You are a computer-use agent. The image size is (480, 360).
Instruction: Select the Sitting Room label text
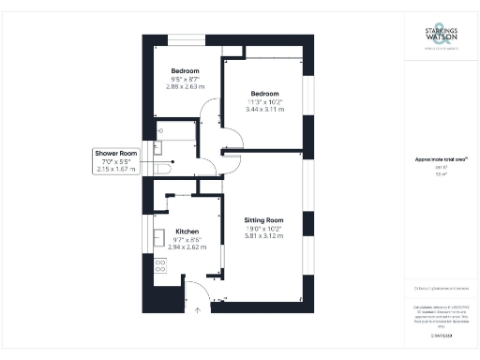pos(263,220)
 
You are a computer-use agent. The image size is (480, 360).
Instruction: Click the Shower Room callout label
pos(116,154)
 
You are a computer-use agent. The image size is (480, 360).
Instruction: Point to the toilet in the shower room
pos(164,168)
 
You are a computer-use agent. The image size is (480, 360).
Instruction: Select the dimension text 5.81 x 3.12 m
pos(263,236)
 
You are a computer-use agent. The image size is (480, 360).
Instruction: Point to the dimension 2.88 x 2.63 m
pos(185,87)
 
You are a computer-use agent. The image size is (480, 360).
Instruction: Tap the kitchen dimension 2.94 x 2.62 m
pos(187,247)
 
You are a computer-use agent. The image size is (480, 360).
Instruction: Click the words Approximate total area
pos(439,160)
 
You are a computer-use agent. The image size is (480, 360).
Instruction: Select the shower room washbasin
pos(160,145)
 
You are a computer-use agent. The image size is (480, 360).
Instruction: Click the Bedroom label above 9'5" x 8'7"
pos(184,71)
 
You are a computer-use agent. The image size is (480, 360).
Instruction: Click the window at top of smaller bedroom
pos(183,38)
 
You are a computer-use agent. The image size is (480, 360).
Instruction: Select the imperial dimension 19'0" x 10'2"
pos(263,229)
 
